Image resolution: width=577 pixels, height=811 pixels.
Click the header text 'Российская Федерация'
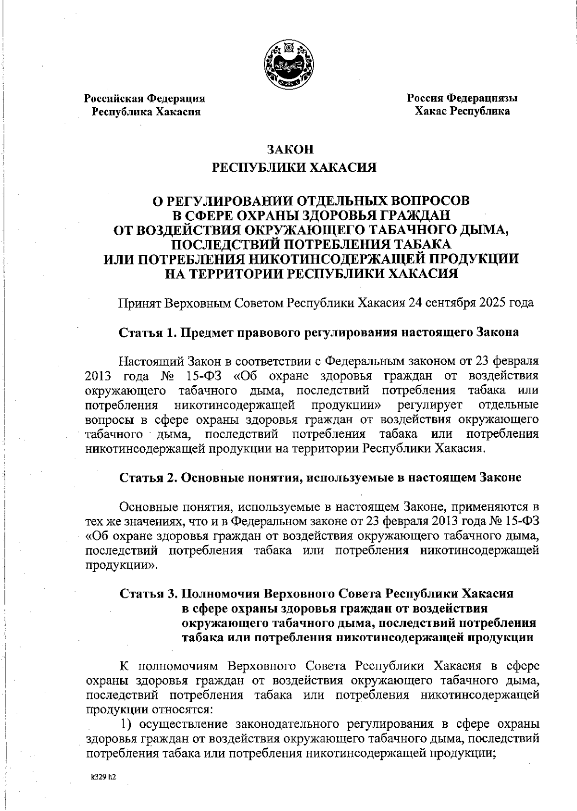pyautogui.click(x=145, y=99)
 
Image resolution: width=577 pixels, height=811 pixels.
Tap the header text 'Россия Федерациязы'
pyautogui.click(x=463, y=99)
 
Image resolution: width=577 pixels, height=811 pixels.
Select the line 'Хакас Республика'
pyautogui.click(x=463, y=112)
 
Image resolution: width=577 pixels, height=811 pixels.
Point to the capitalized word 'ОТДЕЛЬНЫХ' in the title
pyautogui.click(x=332, y=200)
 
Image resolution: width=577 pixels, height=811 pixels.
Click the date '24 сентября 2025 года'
pyautogui.click(x=471, y=304)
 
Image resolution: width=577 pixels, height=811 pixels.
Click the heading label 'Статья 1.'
pyautogui.click(x=149, y=332)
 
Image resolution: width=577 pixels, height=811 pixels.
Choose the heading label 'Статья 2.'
pyautogui.click(x=149, y=478)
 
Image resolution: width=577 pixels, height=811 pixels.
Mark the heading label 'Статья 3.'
pyautogui.click(x=149, y=594)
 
